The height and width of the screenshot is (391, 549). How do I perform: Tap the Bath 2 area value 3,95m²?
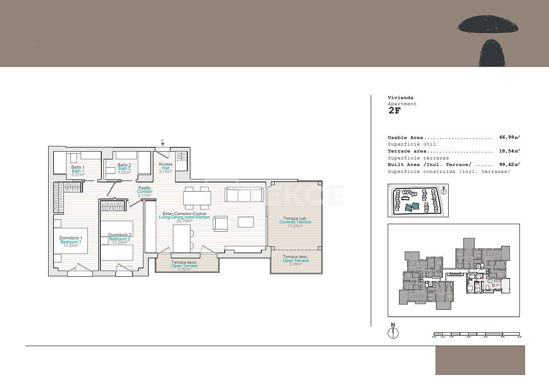[124, 172]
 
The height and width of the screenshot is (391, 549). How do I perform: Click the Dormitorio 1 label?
[71, 238]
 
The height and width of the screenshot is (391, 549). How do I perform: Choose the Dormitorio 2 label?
[120, 235]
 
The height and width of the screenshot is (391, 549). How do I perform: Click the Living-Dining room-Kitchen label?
[184, 217]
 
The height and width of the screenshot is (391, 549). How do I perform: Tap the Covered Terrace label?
[295, 222]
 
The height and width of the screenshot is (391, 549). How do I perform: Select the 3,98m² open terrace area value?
[296, 265]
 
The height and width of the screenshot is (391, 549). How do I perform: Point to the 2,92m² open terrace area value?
[184, 269]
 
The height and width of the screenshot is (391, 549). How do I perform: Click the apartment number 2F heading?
[394, 110]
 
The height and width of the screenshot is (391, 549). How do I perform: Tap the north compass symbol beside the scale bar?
[393, 332]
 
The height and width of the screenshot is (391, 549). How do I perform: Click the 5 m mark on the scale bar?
[519, 337]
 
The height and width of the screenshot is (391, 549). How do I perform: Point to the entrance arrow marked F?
[163, 143]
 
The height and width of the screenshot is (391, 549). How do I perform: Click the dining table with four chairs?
[197, 198]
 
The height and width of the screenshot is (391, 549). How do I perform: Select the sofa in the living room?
[244, 195]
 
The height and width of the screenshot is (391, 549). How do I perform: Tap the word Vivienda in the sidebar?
[400, 98]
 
